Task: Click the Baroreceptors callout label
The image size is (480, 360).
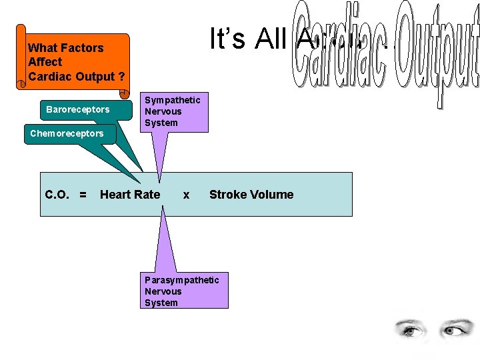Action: click(x=77, y=109)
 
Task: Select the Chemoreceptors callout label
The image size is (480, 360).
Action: click(x=67, y=133)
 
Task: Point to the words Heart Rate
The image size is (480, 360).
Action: click(x=130, y=195)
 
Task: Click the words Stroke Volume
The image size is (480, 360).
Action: click(x=251, y=195)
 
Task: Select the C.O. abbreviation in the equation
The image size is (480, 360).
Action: click(x=58, y=195)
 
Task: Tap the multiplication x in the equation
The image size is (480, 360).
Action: click(x=186, y=195)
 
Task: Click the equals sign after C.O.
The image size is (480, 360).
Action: click(x=83, y=195)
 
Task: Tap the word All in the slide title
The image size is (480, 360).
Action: click(x=270, y=39)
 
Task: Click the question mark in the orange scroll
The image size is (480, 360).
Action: click(x=121, y=76)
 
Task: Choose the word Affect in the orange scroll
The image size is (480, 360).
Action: click(x=45, y=62)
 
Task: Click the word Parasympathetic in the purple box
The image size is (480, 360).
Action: click(x=181, y=280)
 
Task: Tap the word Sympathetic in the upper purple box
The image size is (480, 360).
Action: click(x=173, y=100)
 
